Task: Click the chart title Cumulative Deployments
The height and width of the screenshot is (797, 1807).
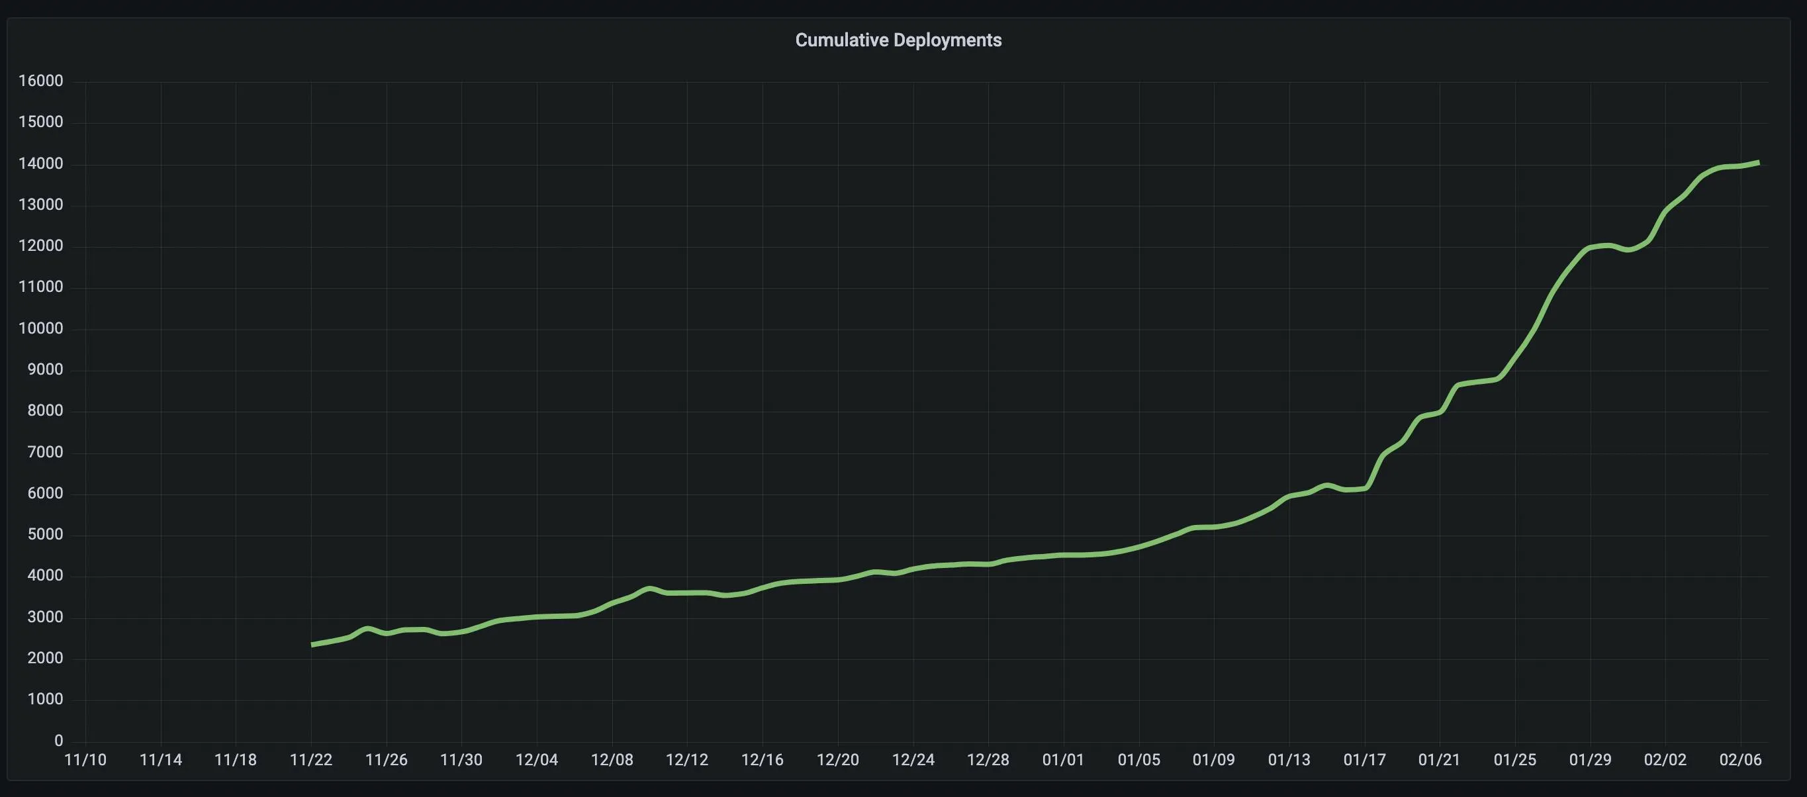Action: point(898,40)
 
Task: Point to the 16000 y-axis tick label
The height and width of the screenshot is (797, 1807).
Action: point(40,81)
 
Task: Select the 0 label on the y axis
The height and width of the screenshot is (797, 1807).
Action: point(58,740)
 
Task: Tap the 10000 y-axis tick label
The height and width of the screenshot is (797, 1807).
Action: point(40,328)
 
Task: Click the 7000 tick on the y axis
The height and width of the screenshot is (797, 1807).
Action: point(45,453)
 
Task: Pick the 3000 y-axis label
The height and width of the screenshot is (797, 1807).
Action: point(45,618)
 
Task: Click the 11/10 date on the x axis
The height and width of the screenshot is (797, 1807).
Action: point(85,760)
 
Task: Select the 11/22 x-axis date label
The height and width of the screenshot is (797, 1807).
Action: point(310,760)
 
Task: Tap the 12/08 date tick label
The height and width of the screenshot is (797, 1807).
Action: point(612,760)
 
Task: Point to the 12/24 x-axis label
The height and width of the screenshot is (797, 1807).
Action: point(913,760)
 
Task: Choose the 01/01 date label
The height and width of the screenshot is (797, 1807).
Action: point(1063,760)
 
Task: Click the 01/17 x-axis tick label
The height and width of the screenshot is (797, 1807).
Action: point(1364,760)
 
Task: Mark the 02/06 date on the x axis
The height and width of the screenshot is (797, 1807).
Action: point(1740,760)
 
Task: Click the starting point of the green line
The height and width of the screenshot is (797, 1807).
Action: point(313,644)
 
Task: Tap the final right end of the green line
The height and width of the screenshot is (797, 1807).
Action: point(1757,163)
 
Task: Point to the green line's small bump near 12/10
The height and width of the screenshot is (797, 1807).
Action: point(649,588)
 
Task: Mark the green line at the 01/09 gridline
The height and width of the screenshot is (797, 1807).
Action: point(1214,527)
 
